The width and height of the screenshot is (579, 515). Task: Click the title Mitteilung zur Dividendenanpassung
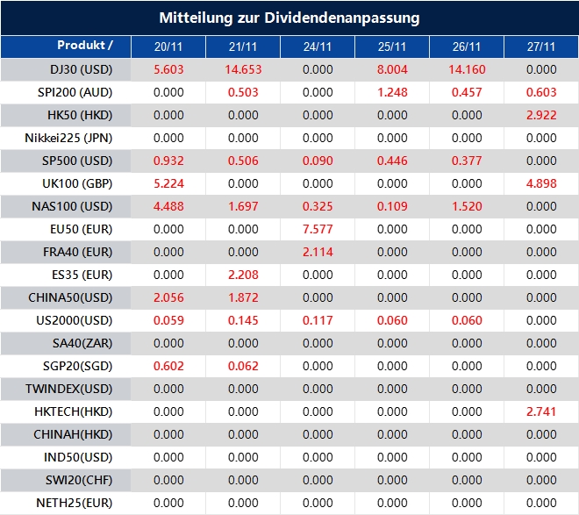pyautogui.click(x=289, y=18)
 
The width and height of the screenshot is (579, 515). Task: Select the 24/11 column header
pyautogui.click(x=318, y=46)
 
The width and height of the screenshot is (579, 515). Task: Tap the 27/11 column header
pyautogui.click(x=542, y=46)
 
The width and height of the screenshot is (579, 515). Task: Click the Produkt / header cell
pyautogui.click(x=85, y=45)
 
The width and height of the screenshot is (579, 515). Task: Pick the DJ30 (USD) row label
pyautogui.click(x=82, y=69)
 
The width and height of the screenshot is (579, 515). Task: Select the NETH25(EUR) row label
pyautogui.click(x=75, y=503)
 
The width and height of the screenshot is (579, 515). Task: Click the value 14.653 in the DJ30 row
pyautogui.click(x=243, y=69)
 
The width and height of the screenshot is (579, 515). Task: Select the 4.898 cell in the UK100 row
pyautogui.click(x=542, y=183)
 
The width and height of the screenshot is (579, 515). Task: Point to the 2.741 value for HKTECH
pyautogui.click(x=542, y=411)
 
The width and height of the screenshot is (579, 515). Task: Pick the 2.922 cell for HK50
pyautogui.click(x=542, y=115)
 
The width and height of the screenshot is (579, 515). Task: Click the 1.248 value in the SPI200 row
pyautogui.click(x=392, y=92)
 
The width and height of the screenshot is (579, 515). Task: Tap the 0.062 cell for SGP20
pyautogui.click(x=243, y=366)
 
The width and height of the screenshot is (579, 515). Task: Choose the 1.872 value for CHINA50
pyautogui.click(x=243, y=297)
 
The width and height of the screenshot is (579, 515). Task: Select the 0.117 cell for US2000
pyautogui.click(x=318, y=320)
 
